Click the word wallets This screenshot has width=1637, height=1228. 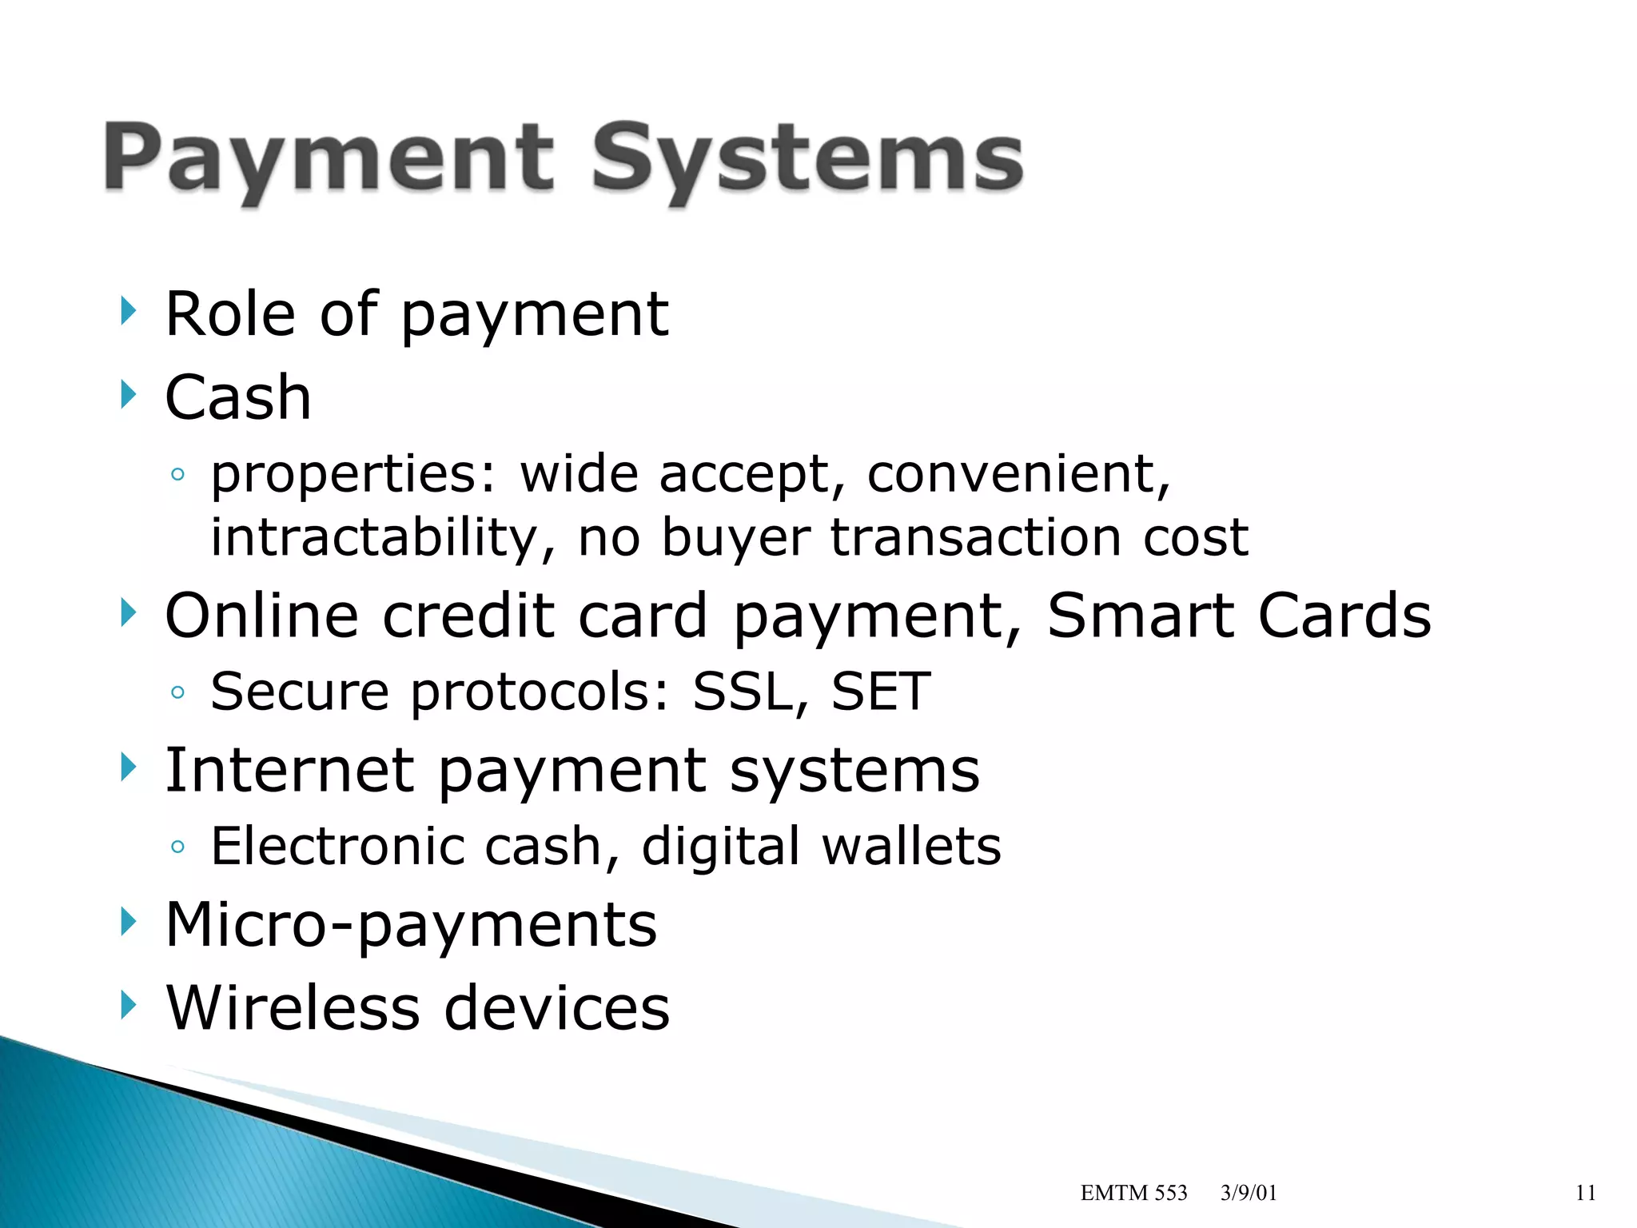pos(911,846)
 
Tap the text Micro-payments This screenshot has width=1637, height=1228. pos(411,925)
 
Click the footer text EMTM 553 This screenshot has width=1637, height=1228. pos(1133,1193)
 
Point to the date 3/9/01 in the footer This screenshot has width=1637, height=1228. pos(1249,1193)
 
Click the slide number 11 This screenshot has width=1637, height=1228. pos(1586,1193)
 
